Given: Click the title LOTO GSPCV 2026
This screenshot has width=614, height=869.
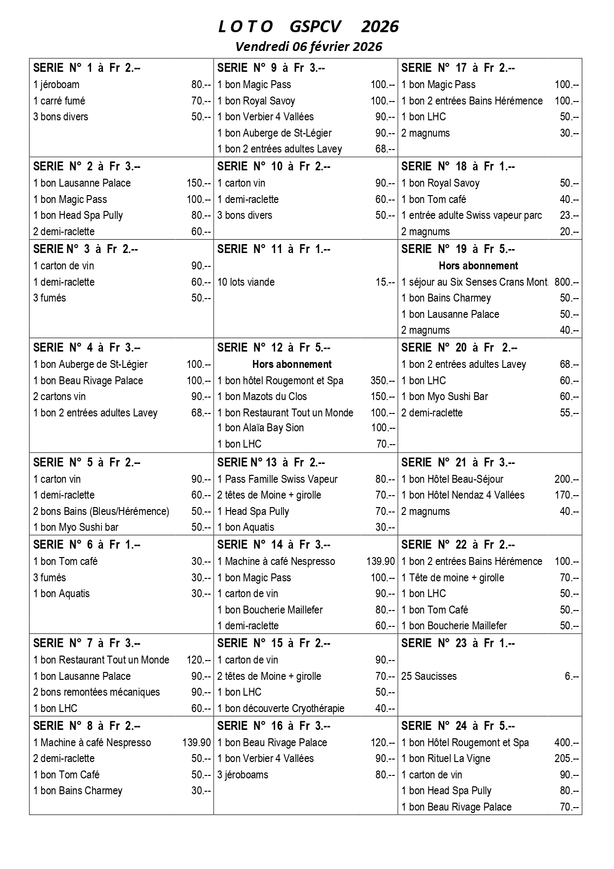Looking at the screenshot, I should pos(308,26).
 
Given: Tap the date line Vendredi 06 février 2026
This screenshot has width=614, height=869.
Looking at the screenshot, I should pos(308,47).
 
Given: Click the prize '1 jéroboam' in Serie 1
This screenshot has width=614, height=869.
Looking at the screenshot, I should pos(56,85).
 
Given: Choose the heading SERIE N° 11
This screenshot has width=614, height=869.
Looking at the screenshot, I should pos(274,249).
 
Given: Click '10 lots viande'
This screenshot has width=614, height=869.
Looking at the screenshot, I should pos(246,282).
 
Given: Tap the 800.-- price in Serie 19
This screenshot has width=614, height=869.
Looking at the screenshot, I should pos(567,282).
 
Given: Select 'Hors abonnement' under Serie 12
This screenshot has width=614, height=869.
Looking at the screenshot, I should pos(292,364).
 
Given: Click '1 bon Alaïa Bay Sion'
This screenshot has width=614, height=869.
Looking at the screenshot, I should pos(261,428).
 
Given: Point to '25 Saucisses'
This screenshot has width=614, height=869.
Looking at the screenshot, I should pos(429,676).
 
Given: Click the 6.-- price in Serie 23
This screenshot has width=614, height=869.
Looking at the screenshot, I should pos(571,676).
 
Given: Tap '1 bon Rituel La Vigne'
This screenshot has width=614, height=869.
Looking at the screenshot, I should pos(446,759).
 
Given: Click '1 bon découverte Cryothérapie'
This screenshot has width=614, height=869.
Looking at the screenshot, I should pos(281,709).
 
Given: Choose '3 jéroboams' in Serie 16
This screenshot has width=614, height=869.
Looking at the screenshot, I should pos(243,775).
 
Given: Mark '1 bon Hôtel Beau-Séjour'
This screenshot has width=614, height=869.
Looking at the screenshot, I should pos(452,479).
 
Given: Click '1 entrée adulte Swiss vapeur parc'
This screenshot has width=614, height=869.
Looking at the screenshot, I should pos(472,215).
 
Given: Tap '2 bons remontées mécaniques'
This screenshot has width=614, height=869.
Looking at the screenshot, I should pos(96,692).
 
